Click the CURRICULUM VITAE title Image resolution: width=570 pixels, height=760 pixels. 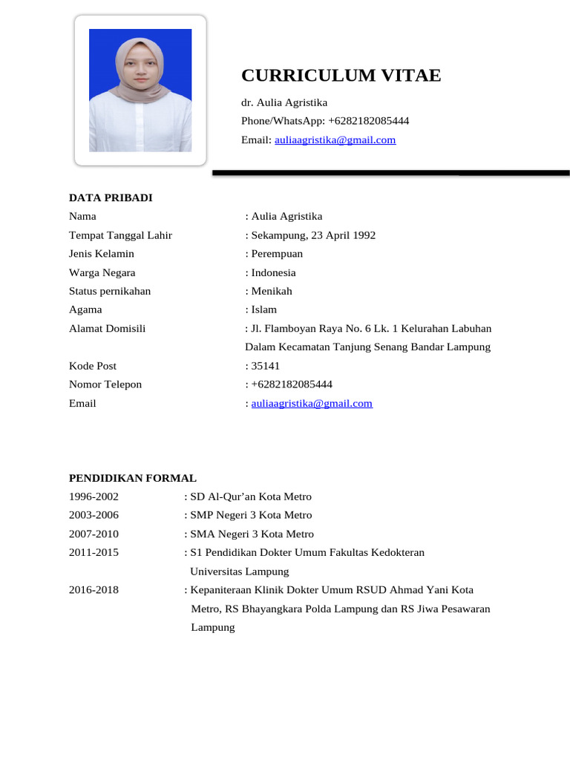point(341,76)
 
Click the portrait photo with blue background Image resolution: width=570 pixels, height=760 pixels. point(140,90)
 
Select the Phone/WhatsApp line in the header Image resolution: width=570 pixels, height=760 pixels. point(325,121)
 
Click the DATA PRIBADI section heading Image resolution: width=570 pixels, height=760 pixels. point(111,197)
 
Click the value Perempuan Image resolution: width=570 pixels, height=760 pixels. point(277,254)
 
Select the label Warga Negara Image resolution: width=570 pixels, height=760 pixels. point(102,272)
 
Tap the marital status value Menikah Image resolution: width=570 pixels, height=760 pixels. point(272,291)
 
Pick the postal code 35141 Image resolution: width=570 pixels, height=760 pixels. point(265,366)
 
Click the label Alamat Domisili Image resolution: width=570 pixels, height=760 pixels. point(108,328)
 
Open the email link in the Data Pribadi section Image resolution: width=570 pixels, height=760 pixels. point(312,404)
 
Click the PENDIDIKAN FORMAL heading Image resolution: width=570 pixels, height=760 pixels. point(133,478)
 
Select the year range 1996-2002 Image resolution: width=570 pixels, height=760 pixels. point(94,497)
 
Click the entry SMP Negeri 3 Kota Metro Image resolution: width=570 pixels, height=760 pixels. point(251,515)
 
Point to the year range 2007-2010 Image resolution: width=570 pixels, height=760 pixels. point(94,534)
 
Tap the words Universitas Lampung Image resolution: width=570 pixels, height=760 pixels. point(240,571)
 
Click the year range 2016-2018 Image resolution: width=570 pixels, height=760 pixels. point(94,590)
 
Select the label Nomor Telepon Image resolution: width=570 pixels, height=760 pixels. point(105,384)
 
